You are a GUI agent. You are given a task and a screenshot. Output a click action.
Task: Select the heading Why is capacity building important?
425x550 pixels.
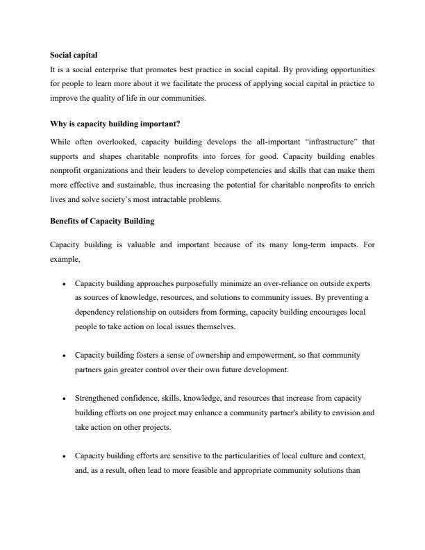(x=115, y=124)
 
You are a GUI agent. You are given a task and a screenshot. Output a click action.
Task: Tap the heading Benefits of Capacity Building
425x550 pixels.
(x=103, y=221)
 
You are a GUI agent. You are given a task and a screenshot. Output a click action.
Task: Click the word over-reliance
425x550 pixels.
(x=266, y=283)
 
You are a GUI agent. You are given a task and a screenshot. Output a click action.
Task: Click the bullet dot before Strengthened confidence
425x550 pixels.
(x=63, y=399)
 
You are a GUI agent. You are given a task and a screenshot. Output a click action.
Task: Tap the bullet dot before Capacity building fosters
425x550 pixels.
(x=63, y=355)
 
